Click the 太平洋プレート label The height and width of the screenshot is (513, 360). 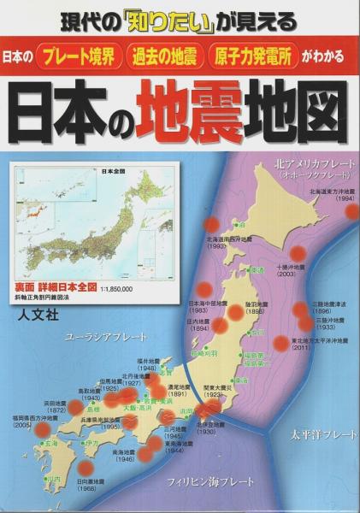tap(322, 434)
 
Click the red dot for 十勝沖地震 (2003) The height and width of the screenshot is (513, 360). tap(298, 252)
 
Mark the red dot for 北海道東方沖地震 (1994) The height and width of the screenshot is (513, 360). tap(351, 210)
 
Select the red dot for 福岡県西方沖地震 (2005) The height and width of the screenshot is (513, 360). tap(42, 429)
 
